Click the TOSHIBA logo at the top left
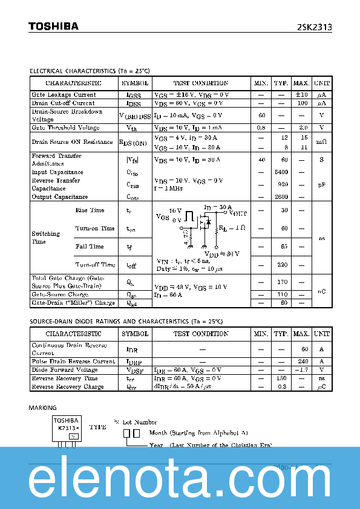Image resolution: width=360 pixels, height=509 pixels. pos(53,27)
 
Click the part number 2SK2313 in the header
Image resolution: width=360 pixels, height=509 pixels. pos(313,27)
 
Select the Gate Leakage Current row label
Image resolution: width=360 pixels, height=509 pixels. pos(64,95)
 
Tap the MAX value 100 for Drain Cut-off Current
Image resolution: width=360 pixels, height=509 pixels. pos(301,103)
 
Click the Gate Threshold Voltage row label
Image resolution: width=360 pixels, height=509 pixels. pos(65,128)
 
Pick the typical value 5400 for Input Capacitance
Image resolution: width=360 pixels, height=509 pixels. pos(281,172)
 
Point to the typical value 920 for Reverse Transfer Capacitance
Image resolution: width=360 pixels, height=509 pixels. pos(281,184)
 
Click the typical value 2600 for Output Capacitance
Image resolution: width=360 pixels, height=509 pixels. pos(281,197)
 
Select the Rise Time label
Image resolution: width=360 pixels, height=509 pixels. pos(90,210)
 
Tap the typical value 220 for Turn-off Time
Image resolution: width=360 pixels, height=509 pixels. pos(281,265)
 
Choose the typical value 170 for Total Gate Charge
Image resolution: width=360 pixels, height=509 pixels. pos(281,282)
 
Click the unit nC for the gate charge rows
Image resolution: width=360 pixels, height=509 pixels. pos(322,291)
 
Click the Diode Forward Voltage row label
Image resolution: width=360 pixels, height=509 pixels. pos(65,370)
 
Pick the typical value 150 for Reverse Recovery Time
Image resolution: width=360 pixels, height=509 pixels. pos(281,378)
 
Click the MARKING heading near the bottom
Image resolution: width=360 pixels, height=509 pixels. pos(43,408)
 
